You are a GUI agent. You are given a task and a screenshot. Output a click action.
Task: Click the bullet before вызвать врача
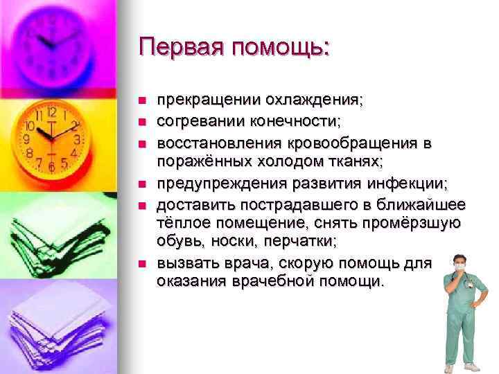141,263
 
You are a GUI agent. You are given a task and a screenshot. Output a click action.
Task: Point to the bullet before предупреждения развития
141,184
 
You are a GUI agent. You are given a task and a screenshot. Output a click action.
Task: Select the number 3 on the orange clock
78,139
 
